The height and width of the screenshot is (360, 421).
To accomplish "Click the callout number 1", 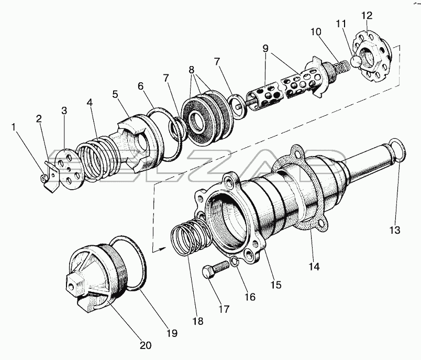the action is click(14, 127).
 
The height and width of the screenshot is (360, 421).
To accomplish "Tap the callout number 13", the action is click(395, 230).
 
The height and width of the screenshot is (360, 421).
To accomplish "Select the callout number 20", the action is click(146, 345).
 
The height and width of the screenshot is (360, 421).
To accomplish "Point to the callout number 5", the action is click(115, 95).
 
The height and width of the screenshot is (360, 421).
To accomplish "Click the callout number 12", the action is click(367, 16).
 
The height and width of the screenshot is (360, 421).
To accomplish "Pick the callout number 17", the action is click(224, 309).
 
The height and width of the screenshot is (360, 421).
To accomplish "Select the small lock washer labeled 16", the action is click(235, 261).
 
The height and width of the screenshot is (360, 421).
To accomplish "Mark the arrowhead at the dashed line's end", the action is click(161, 249).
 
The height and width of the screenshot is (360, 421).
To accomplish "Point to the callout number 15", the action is click(276, 285).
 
